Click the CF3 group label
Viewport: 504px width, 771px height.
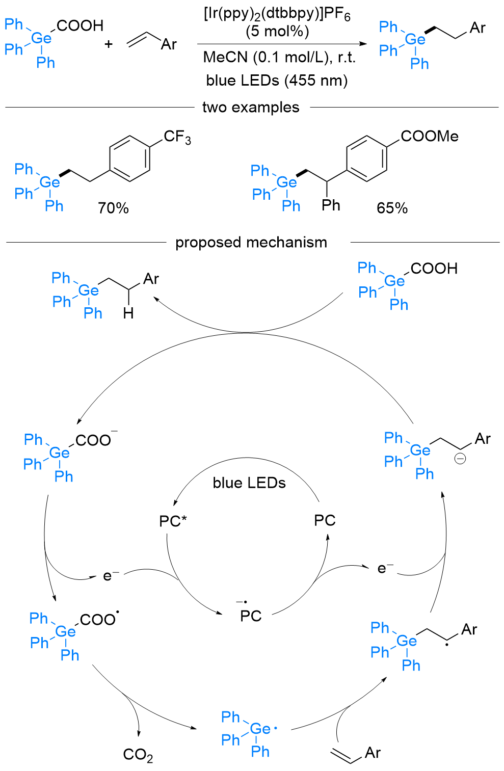click(x=177, y=137)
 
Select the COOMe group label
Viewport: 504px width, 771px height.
click(x=429, y=136)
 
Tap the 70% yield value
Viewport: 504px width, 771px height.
click(x=113, y=208)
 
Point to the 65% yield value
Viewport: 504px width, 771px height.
click(x=392, y=208)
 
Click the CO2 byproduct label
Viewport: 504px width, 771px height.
click(x=138, y=755)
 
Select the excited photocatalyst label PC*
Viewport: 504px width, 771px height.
click(x=173, y=521)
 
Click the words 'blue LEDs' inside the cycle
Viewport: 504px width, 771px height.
click(x=249, y=483)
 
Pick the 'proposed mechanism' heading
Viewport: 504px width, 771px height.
click(x=251, y=242)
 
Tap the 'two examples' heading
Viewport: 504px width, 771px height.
click(x=251, y=108)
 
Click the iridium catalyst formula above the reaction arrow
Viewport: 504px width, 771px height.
click(x=277, y=14)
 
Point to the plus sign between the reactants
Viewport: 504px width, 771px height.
click(x=109, y=44)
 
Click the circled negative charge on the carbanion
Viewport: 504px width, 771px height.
click(x=460, y=459)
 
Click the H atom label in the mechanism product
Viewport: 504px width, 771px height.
click(x=128, y=313)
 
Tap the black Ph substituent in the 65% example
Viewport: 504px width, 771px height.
click(x=331, y=205)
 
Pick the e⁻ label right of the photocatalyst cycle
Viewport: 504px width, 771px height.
click(x=385, y=568)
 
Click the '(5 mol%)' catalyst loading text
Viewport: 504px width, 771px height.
click(x=277, y=32)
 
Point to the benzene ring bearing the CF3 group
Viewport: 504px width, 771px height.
click(x=130, y=158)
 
